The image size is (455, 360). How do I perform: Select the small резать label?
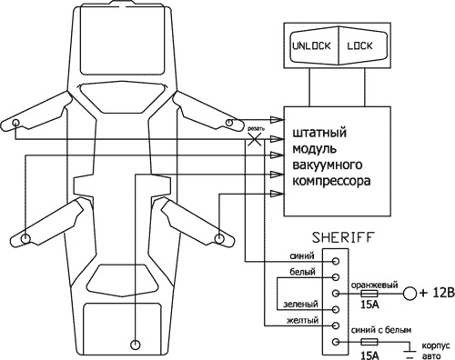258,129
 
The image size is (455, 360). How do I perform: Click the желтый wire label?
303,319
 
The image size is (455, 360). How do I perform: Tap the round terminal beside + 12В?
410,294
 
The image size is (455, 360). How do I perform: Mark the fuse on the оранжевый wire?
370,294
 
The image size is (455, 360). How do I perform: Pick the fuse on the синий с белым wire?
370,342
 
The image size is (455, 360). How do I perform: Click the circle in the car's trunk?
135,345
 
